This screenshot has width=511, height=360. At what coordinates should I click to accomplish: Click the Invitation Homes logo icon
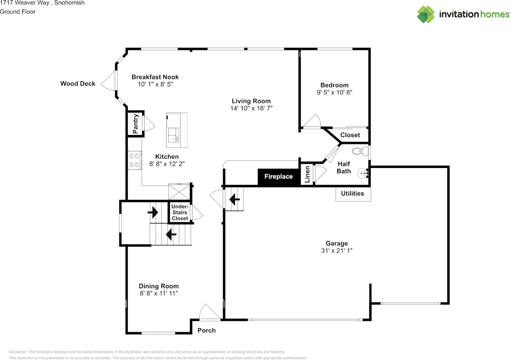426,14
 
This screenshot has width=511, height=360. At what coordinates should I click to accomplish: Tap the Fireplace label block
279,176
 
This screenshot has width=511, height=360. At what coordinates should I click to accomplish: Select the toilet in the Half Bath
360,151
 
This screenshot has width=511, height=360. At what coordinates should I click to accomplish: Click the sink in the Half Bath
363,173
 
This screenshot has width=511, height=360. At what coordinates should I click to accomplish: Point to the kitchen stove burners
134,160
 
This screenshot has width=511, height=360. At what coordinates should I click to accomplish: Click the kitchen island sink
174,135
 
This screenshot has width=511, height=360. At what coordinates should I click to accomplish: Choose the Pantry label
135,124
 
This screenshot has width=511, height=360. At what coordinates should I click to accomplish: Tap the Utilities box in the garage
353,194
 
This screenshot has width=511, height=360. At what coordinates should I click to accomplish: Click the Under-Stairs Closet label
180,212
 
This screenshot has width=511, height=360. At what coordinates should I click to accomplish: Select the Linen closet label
307,174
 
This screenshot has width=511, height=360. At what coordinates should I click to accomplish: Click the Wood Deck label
78,83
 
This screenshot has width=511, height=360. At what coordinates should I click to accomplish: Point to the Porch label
207,330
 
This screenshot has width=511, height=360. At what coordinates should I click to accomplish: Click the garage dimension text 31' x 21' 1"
337,251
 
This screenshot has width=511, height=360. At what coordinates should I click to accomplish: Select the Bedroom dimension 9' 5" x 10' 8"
335,92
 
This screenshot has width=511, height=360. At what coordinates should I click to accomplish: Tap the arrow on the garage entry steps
234,200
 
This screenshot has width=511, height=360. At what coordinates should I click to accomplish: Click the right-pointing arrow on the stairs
153,212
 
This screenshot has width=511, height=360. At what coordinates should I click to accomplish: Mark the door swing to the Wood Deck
109,80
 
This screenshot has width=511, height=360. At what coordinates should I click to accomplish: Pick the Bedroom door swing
312,121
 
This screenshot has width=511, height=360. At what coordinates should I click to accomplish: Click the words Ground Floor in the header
18,12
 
